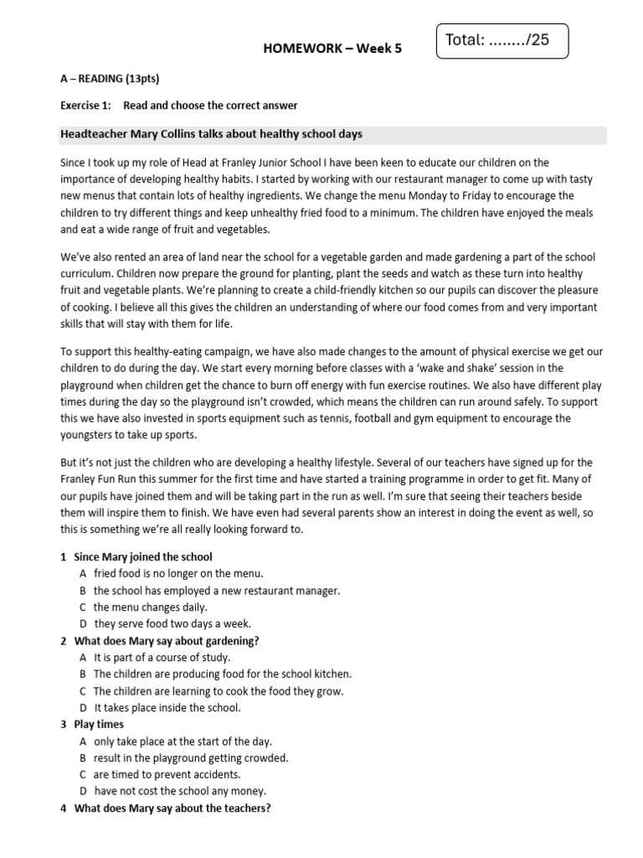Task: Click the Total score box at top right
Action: (502, 40)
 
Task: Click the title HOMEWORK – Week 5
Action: (332, 49)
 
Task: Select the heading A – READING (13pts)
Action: (110, 80)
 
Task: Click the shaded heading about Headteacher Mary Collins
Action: (212, 135)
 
